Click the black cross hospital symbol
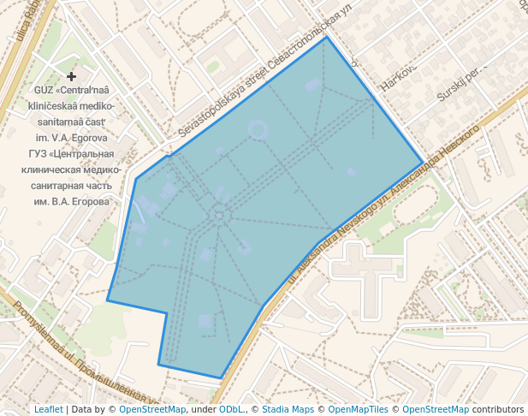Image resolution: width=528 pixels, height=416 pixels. (72, 77)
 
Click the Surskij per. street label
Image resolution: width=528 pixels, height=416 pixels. (461, 80)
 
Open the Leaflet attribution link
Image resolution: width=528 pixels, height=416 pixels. (48, 409)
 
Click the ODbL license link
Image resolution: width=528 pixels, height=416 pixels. (231, 409)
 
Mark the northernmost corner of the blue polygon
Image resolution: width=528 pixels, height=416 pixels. (326, 37)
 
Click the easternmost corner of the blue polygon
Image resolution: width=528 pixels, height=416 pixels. (423, 162)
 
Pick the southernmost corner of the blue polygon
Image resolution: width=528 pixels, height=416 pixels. (221, 377)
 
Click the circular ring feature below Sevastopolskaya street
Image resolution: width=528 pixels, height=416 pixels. (257, 130)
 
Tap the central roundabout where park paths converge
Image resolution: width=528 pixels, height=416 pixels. (219, 214)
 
